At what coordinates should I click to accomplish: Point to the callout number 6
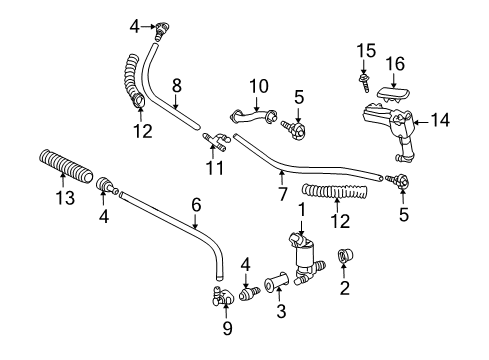click(195, 204)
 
